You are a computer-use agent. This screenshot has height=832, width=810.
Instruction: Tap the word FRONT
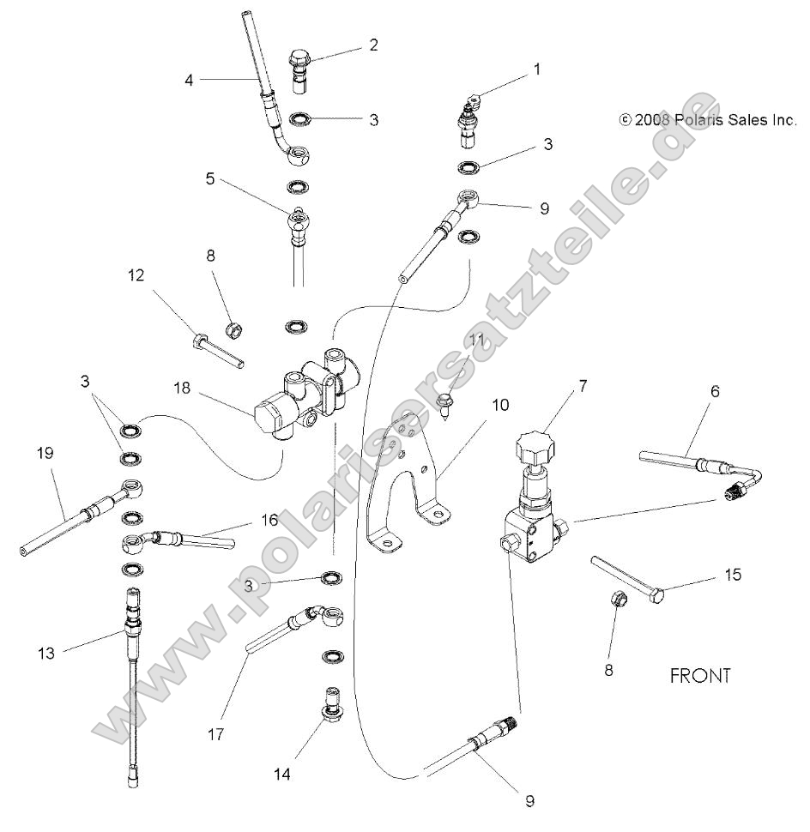pyautogui.click(x=700, y=676)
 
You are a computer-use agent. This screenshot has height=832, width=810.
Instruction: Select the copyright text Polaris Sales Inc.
pyautogui.click(x=708, y=121)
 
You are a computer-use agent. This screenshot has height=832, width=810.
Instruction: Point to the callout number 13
pyautogui.click(x=45, y=654)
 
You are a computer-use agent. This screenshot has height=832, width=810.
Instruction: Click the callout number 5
pyautogui.click(x=209, y=180)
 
